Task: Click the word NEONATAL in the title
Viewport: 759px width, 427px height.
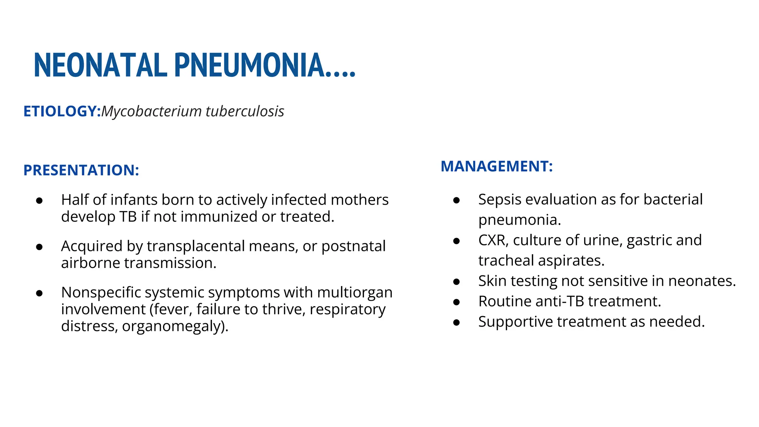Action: tap(100, 66)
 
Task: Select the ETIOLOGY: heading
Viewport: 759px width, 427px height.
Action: tap(62, 111)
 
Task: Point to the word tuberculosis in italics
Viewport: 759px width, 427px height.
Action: tap(245, 111)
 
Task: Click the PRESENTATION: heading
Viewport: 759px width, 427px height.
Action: tap(81, 170)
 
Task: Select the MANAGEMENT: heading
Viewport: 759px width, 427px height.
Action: tap(497, 166)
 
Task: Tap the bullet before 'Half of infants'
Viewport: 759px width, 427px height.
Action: tap(39, 201)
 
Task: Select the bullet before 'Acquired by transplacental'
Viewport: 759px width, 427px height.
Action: tap(39, 247)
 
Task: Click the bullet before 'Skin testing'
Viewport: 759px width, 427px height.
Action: tap(457, 282)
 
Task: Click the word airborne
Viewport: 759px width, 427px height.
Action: tap(90, 263)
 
